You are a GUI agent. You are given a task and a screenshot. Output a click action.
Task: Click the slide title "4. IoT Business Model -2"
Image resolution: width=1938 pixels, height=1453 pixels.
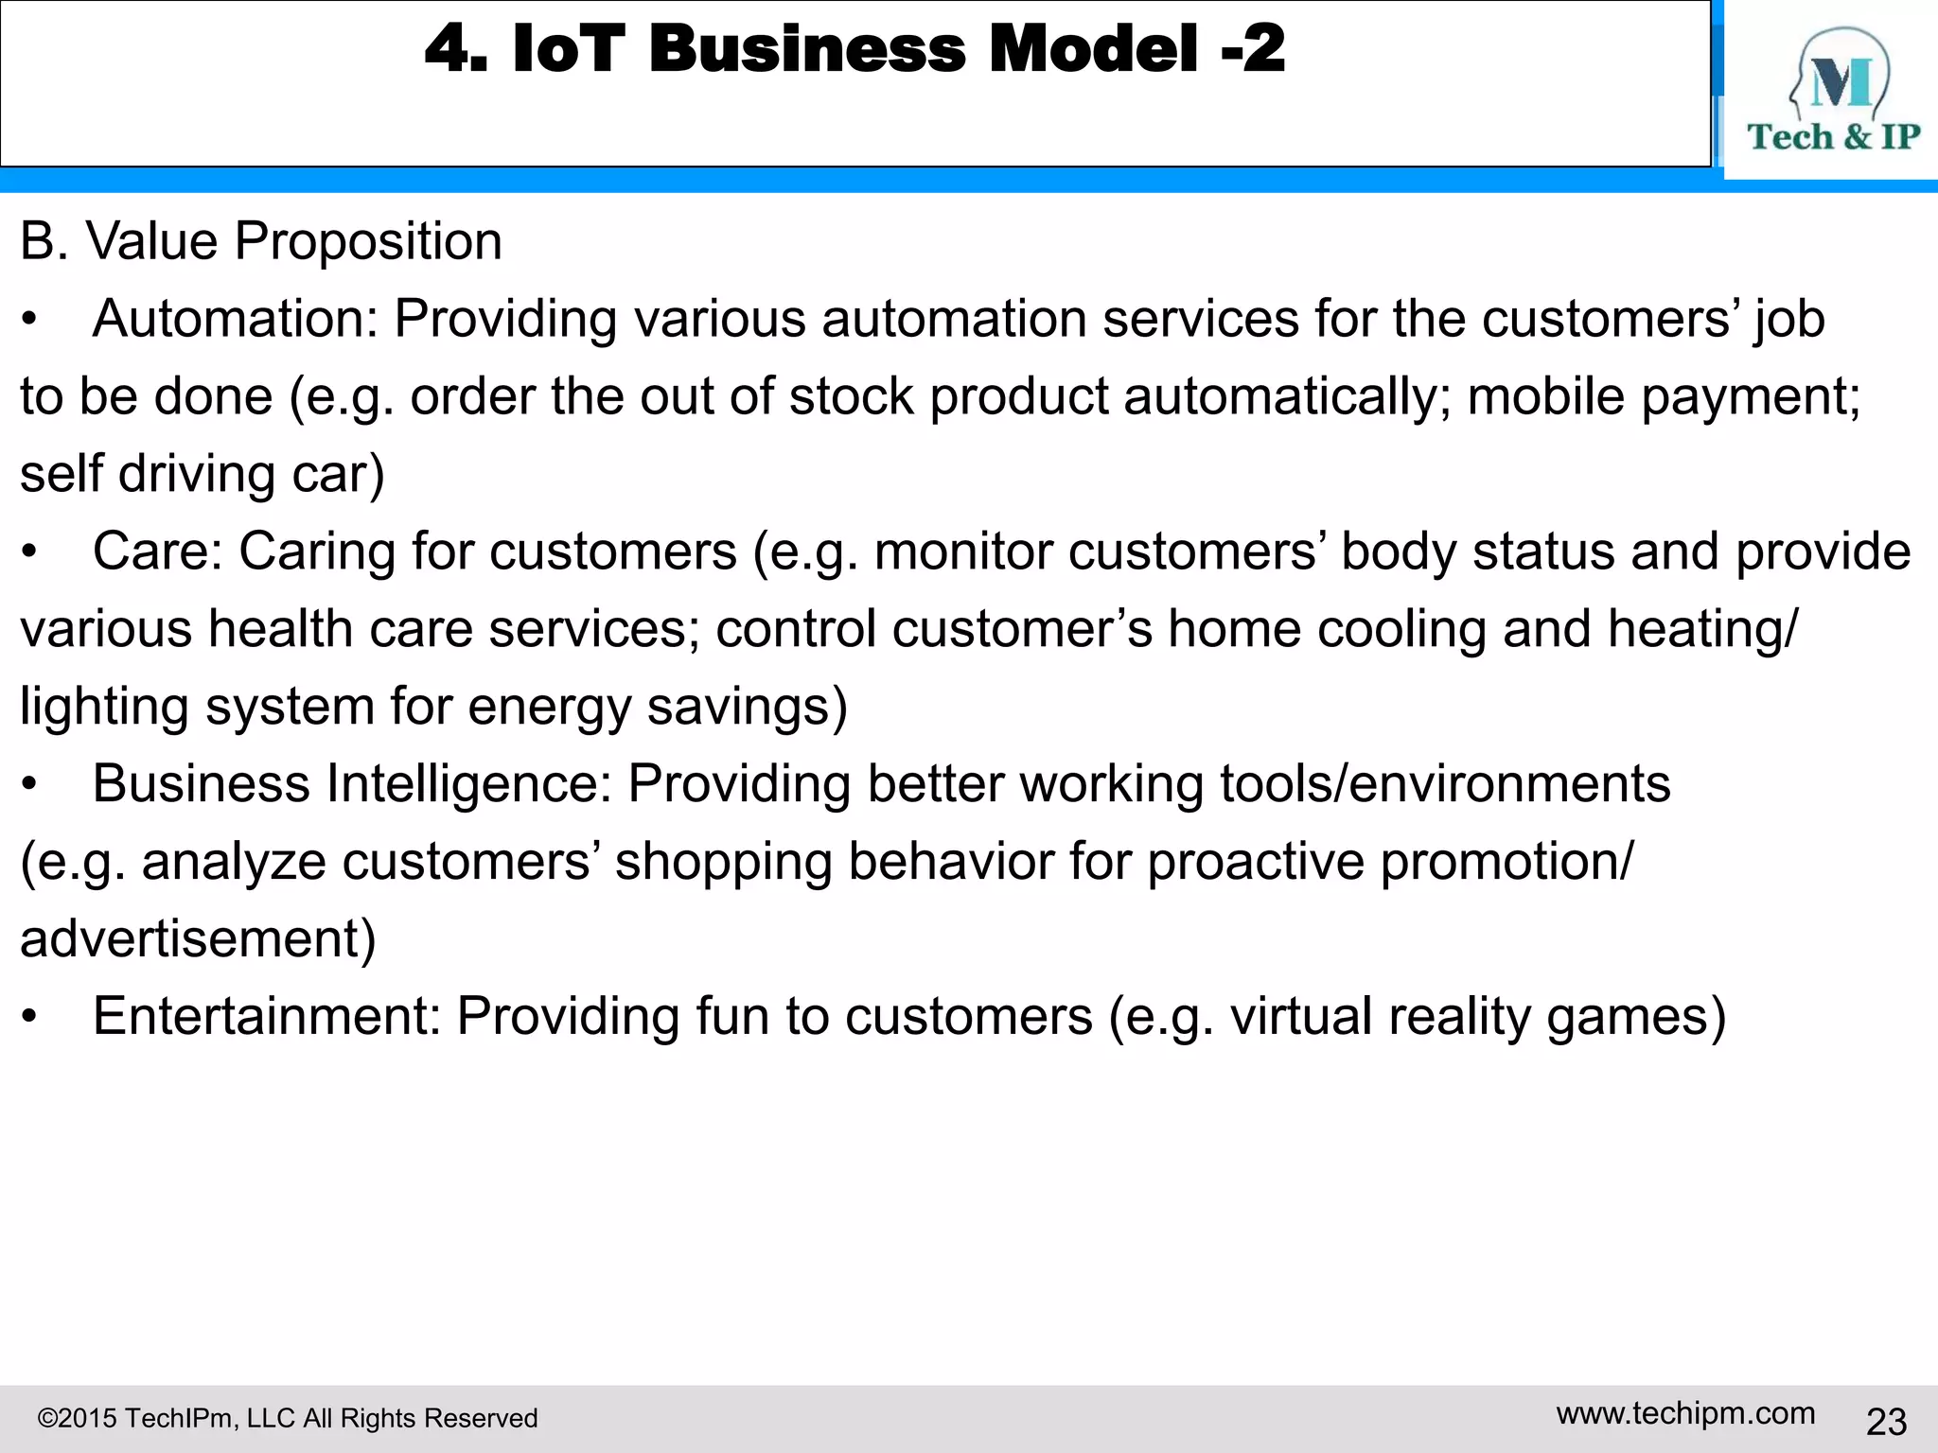(854, 49)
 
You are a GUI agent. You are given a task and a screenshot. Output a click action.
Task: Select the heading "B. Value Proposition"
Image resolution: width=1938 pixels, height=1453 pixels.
(261, 241)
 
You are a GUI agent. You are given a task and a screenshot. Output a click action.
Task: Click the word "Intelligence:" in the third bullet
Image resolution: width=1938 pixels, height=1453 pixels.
(468, 784)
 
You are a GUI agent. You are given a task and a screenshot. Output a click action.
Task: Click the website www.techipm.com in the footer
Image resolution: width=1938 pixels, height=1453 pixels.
(1685, 1413)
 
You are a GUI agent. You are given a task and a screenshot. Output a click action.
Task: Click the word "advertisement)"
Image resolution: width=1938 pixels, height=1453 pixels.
(198, 939)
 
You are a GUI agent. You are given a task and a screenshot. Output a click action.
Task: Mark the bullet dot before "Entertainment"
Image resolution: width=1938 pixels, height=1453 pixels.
(30, 1018)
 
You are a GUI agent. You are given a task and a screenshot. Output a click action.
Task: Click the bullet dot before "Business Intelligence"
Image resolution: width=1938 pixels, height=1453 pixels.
(30, 785)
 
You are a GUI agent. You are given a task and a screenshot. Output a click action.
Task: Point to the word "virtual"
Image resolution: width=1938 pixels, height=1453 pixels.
(1300, 1017)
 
